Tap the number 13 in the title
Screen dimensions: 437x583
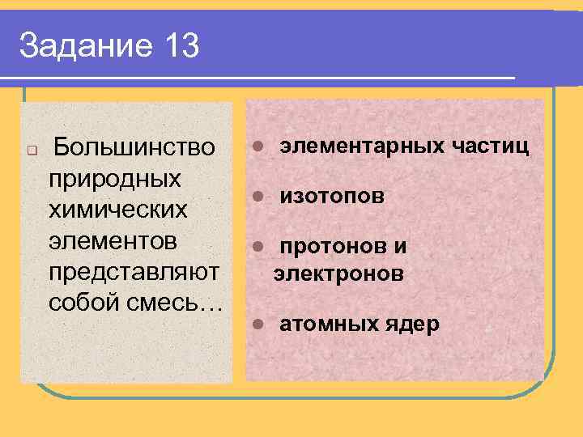coord(180,46)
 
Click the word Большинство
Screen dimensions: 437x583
coord(134,148)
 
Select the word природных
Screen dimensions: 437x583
coord(114,179)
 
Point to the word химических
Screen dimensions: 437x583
coord(118,209)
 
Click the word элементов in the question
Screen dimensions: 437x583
coord(113,240)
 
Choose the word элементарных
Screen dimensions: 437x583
coord(362,146)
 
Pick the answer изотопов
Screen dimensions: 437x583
coord(332,197)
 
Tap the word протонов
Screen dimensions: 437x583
coord(331,246)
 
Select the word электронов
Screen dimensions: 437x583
coord(338,275)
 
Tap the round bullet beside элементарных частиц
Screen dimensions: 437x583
coord(257,146)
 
